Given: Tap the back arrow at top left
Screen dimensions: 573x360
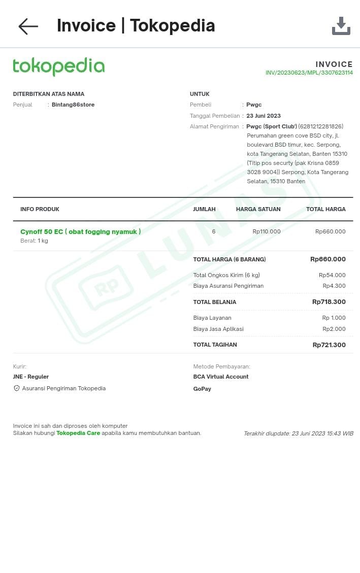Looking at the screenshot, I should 28,26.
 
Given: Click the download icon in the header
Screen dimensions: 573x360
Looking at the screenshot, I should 341,26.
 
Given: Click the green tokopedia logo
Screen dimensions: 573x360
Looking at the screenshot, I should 58,66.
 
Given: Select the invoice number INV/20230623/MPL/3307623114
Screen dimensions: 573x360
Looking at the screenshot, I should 309,73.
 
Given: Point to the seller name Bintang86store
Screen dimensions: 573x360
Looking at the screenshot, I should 73,105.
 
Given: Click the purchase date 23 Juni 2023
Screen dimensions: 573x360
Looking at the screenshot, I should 264,116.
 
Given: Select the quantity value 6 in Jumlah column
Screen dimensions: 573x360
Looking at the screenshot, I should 214,231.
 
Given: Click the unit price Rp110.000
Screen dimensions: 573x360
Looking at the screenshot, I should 267,231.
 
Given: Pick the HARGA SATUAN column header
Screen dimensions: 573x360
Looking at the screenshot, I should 258,209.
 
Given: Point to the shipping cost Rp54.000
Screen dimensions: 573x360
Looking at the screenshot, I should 332,275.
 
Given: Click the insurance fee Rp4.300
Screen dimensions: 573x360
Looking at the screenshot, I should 334,286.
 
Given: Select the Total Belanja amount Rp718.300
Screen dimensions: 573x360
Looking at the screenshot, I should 329,302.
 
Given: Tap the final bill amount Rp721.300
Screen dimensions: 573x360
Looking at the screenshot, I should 329,345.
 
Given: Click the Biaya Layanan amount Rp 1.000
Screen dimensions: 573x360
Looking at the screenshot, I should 334,318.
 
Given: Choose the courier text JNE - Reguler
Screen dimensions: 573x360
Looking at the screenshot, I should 31,377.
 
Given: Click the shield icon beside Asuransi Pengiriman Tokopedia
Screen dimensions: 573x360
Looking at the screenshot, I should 17,388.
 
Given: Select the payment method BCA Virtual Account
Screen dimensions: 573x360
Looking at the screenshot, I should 221,377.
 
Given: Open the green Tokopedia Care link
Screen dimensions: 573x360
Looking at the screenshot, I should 78,433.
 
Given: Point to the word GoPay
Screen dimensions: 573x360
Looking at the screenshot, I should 202,389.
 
